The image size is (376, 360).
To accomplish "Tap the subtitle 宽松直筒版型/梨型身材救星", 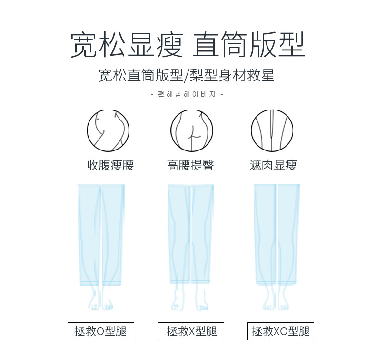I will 187,76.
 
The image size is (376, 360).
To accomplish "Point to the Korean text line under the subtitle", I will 187,94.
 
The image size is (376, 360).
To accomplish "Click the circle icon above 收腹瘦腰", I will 108,130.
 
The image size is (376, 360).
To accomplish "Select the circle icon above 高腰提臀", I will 191,130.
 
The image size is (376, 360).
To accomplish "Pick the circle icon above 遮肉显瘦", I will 272,130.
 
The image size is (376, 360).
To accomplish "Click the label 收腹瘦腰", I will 110,165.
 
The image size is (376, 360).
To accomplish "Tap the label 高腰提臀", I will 190,165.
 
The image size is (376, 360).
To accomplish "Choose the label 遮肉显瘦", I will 273,165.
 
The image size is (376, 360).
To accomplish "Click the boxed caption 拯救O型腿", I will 100,331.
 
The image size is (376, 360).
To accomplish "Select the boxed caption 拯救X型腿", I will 191,331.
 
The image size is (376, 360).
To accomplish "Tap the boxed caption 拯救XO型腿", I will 281,331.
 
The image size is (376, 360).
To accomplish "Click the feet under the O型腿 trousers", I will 100,299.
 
